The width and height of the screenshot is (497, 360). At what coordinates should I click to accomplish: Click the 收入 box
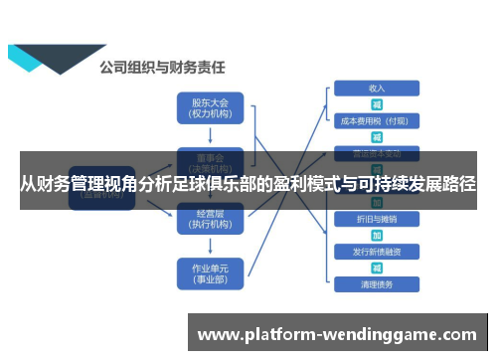click(377, 88)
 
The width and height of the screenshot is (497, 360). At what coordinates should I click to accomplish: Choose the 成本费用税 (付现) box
click(377, 120)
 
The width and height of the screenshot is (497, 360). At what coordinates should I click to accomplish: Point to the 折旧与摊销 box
click(377, 218)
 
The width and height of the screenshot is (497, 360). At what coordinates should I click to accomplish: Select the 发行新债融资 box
click(377, 251)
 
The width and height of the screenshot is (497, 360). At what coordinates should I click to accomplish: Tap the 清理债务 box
click(377, 284)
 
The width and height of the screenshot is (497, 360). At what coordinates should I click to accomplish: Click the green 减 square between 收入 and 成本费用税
click(377, 104)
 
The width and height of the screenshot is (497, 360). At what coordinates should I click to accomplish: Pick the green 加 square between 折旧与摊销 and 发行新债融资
click(377, 235)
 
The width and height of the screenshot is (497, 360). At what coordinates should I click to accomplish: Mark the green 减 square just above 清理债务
click(377, 268)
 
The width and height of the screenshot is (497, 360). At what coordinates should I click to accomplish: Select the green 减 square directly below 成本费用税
click(377, 137)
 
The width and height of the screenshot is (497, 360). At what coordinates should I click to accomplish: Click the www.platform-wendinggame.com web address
click(339, 335)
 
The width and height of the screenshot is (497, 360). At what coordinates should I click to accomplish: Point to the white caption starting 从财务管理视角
click(248, 185)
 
